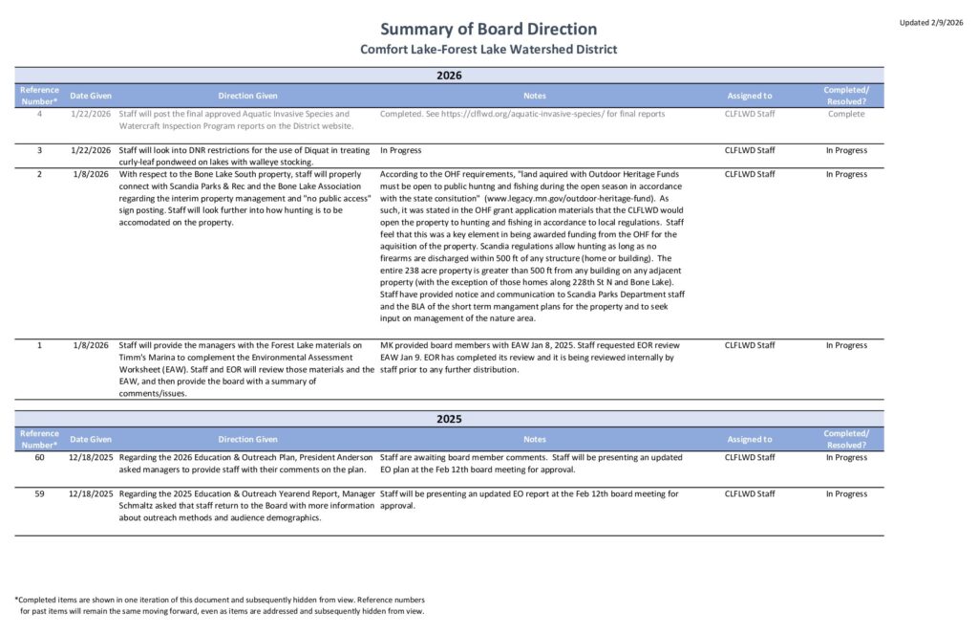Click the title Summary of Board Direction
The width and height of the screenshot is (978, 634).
pyautogui.click(x=488, y=29)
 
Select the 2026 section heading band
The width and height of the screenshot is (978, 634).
pyautogui.click(x=449, y=75)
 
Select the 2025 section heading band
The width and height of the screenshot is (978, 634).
pyautogui.click(x=449, y=418)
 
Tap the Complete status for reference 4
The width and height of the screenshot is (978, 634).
pyautogui.click(x=845, y=114)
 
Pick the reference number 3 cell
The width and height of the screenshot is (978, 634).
pyautogui.click(x=39, y=150)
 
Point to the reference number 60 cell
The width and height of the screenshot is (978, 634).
pyautogui.click(x=39, y=457)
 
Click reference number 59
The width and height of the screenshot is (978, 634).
pyautogui.click(x=39, y=493)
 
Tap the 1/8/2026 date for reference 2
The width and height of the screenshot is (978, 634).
pyautogui.click(x=92, y=174)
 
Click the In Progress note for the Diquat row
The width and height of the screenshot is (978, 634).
pyautogui.click(x=400, y=150)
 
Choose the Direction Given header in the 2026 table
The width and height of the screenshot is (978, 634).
pyautogui.click(x=247, y=96)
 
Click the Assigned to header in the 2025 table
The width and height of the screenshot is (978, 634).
pyautogui.click(x=749, y=439)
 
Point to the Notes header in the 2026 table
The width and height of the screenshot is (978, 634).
pyautogui.click(x=535, y=96)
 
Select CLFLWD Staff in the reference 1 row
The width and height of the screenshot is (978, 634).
pyautogui.click(x=749, y=345)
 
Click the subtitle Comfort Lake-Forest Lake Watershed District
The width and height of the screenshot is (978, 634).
pyautogui.click(x=488, y=49)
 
